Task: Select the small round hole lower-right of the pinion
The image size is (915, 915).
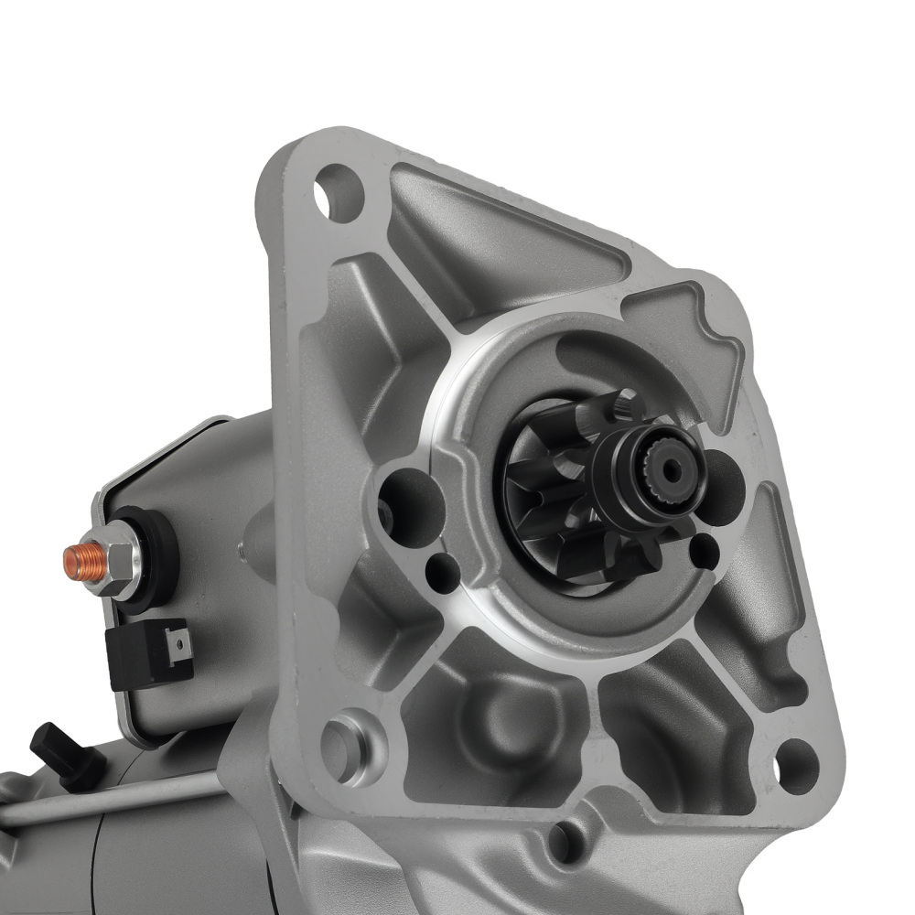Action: tap(705, 548)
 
